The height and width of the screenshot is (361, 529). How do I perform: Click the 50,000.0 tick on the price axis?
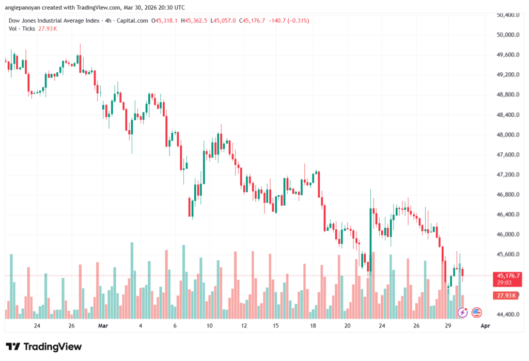[505, 35]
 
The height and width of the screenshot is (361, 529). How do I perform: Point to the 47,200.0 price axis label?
[505, 175]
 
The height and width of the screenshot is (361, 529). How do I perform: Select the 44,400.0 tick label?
[505, 314]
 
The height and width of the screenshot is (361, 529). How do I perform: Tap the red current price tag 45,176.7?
[508, 276]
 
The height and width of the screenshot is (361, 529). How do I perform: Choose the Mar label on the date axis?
[103, 326]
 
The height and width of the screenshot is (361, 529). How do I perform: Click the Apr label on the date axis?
[485, 326]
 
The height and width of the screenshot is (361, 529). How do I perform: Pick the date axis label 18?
[313, 326]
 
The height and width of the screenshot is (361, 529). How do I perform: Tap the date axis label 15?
[276, 326]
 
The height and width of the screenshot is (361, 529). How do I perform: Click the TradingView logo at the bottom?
[43, 347]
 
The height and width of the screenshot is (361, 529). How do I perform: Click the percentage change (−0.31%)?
[299, 21]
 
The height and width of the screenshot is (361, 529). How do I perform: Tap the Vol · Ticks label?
[22, 28]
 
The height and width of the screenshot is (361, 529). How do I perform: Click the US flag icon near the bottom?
[476, 312]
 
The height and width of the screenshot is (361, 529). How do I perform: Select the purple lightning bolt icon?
[462, 312]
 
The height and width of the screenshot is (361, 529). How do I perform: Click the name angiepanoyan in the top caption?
[23, 7]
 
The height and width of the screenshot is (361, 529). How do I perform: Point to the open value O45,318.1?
[164, 21]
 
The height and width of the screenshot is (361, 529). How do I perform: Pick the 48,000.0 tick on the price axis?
[505, 135]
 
